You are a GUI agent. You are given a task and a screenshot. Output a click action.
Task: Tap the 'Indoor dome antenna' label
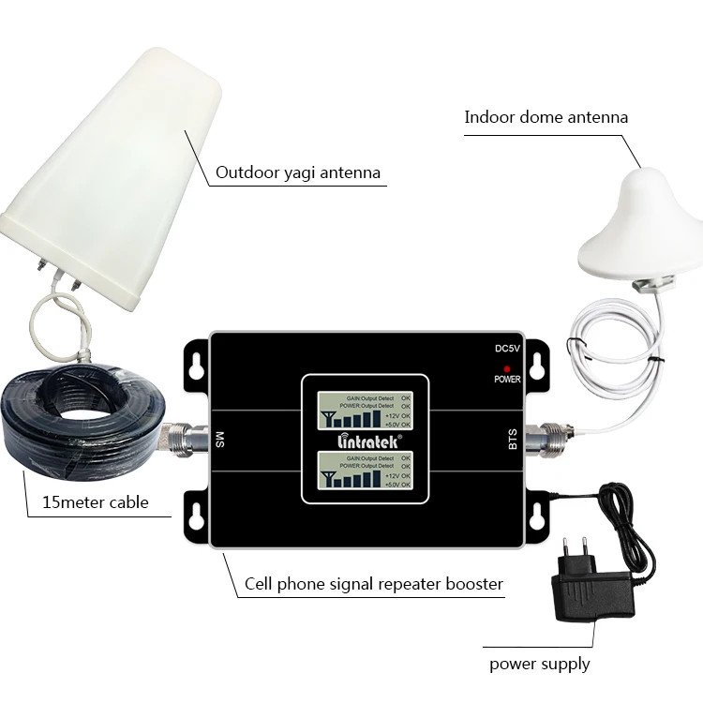click(x=546, y=117)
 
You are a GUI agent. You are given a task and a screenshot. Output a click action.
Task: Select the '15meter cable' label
click(x=96, y=502)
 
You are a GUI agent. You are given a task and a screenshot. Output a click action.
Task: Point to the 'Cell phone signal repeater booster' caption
click(x=373, y=584)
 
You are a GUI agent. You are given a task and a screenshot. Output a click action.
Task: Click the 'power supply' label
click(x=539, y=664)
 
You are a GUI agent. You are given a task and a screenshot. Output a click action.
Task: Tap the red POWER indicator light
click(x=506, y=368)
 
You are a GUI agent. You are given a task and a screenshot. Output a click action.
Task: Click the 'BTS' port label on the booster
click(x=512, y=439)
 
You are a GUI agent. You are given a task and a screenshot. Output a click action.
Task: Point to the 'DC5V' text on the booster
click(x=507, y=349)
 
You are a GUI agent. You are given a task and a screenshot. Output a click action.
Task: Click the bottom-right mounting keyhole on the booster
click(x=537, y=515)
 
